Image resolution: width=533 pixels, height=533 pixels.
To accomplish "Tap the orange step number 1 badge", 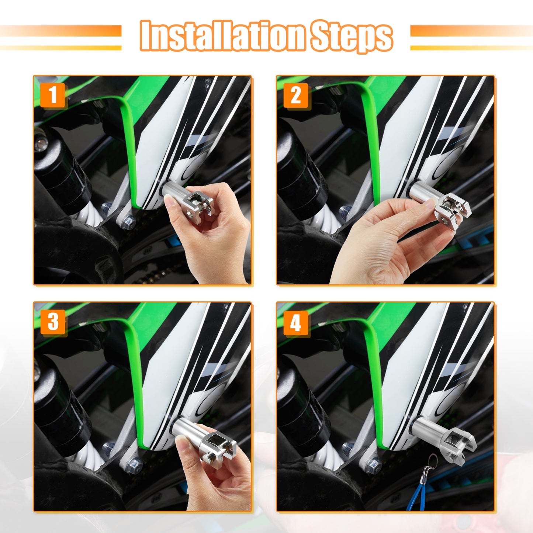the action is pyautogui.click(x=52, y=95).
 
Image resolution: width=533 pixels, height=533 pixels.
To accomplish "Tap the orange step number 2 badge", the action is pyautogui.click(x=296, y=95).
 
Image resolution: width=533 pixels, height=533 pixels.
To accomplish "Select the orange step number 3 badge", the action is pyautogui.click(x=53, y=322).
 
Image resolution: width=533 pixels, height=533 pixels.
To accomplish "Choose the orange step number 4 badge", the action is pyautogui.click(x=296, y=323).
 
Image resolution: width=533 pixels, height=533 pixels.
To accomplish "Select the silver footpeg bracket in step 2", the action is pyautogui.click(x=440, y=202).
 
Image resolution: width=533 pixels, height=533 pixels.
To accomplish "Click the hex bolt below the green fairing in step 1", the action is pyautogui.click(x=129, y=221).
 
